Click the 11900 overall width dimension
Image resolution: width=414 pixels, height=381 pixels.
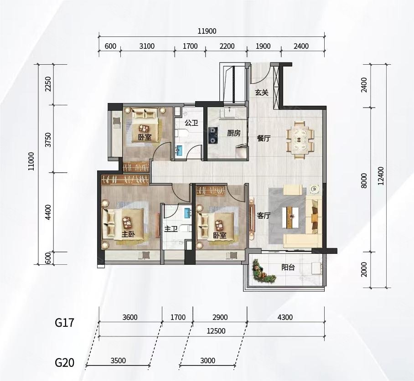207,31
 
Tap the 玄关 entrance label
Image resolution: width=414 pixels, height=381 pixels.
262,93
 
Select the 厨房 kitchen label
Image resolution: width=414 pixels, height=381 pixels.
233,133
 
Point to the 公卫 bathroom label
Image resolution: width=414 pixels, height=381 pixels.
191,123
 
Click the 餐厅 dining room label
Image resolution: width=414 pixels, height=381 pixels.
264,138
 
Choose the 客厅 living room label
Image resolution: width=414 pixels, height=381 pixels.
264,216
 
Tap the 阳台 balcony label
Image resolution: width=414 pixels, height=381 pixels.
288,267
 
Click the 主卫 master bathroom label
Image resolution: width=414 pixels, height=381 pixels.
171,229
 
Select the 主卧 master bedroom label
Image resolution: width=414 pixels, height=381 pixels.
128,234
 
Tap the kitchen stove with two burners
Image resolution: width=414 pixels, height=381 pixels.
212,135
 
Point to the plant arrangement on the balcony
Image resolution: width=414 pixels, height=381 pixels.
263,271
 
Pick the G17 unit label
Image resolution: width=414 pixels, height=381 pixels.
64,322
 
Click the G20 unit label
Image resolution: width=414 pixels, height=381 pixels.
64,362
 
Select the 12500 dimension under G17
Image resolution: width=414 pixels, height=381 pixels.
216,331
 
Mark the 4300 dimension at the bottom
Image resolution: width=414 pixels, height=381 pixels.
285,317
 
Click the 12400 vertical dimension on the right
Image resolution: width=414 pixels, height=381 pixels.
381,176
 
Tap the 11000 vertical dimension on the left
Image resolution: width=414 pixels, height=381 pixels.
31,161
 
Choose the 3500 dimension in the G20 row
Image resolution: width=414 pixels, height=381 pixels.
118,360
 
